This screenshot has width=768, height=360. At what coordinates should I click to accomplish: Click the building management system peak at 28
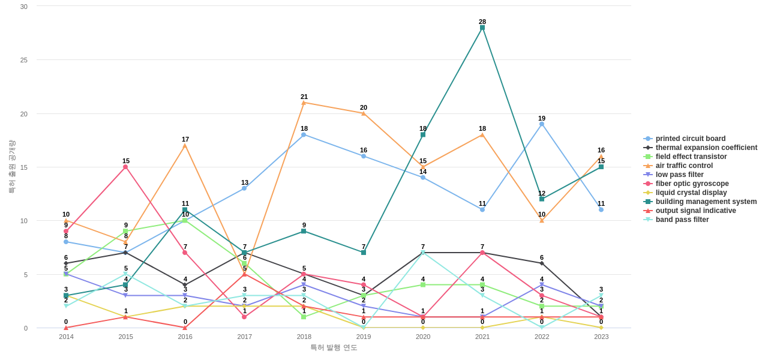pos(482,28)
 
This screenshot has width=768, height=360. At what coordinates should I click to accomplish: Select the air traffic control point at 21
pos(304,103)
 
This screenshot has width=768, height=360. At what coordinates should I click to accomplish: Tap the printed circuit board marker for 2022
pos(542,124)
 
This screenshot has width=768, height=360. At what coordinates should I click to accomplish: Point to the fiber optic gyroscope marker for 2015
pos(125,167)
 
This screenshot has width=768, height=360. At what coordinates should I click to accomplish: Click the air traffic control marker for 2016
pos(185,146)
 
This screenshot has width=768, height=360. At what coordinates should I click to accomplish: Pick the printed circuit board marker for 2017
pos(244,188)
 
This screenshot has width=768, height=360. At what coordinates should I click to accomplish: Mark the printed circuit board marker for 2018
pos(304,134)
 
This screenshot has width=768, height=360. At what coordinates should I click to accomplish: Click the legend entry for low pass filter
pos(679,175)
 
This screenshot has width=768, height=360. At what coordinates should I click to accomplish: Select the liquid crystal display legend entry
pos(691,193)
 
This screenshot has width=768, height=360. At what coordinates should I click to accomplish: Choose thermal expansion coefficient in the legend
pos(706,148)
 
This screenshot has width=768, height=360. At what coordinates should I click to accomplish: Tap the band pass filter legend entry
pos(682,220)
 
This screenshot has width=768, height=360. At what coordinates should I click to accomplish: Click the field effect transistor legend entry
pos(691,157)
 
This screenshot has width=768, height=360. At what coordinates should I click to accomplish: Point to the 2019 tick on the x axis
pos(364,337)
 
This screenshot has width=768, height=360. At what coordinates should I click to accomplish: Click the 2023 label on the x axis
pos(601,337)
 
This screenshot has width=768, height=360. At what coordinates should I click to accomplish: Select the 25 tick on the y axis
pos(24,60)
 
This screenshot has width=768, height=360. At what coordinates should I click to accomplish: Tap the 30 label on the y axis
pos(24,7)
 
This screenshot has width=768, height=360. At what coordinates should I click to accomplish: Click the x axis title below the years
pos(334,347)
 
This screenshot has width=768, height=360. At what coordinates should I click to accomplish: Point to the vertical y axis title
pos(11,167)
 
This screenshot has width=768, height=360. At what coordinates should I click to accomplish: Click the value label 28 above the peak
pos(482,22)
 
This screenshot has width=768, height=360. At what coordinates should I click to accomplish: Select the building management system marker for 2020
pos(423,134)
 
